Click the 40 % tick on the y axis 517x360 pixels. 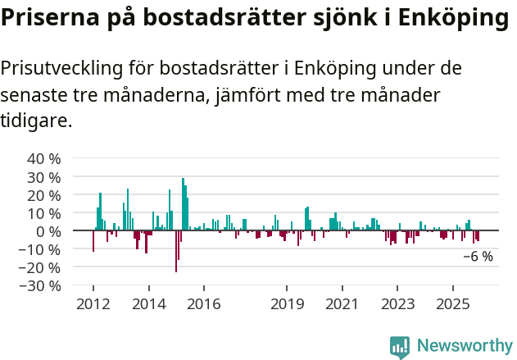pyautogui.click(x=44, y=158)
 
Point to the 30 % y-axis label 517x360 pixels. pyautogui.click(x=44, y=176)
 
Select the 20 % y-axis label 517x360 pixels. pyautogui.click(x=44, y=194)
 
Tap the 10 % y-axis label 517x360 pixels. pyautogui.click(x=44, y=212)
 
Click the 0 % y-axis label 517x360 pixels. pyautogui.click(x=48, y=230)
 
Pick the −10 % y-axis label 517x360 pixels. pyautogui.click(x=40, y=248)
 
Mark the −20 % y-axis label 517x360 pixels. pyautogui.click(x=40, y=267)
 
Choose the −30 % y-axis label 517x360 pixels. pyautogui.click(x=40, y=285)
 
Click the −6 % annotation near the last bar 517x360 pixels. pyautogui.click(x=478, y=257)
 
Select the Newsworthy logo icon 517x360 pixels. pyautogui.click(x=400, y=347)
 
